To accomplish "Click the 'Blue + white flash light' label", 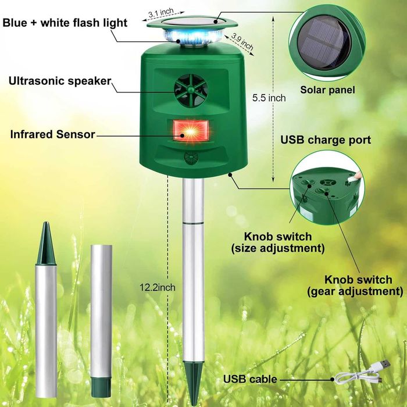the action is click(x=65, y=23).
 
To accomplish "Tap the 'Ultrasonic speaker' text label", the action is click(x=60, y=81).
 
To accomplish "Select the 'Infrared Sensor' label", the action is click(x=53, y=134).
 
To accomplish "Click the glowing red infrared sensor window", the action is click(x=191, y=130).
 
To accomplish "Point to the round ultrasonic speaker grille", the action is click(x=191, y=90).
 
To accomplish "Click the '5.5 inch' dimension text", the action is click(x=269, y=98).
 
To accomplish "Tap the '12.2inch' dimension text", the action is click(x=158, y=287).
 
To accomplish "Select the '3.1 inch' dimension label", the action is click(x=161, y=12).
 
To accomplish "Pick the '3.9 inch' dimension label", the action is click(x=242, y=41).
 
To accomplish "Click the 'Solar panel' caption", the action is click(x=327, y=90).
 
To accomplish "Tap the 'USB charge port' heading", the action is click(x=326, y=140).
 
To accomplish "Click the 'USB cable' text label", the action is click(x=250, y=379).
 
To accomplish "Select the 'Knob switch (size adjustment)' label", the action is click(x=278, y=242).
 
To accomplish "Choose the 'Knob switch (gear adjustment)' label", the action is click(x=355, y=285).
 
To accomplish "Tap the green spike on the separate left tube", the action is click(x=46, y=243).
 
